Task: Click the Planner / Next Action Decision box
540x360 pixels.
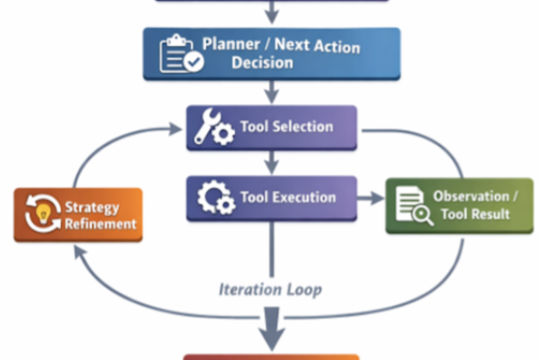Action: [x=271, y=53]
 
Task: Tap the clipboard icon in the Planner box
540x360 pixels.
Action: [x=181, y=53]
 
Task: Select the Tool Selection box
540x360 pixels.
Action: [x=271, y=128]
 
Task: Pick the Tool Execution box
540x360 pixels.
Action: [x=271, y=198]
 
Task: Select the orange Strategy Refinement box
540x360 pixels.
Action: [x=77, y=215]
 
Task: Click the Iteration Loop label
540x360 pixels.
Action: [x=270, y=289]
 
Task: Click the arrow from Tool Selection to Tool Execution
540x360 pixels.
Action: [x=271, y=162]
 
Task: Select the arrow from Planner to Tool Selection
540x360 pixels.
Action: [x=271, y=92]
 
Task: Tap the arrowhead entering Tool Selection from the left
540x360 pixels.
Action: [x=174, y=130]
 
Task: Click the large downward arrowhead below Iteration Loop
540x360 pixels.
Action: [x=271, y=336]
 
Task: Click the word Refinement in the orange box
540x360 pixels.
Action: [x=100, y=223]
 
